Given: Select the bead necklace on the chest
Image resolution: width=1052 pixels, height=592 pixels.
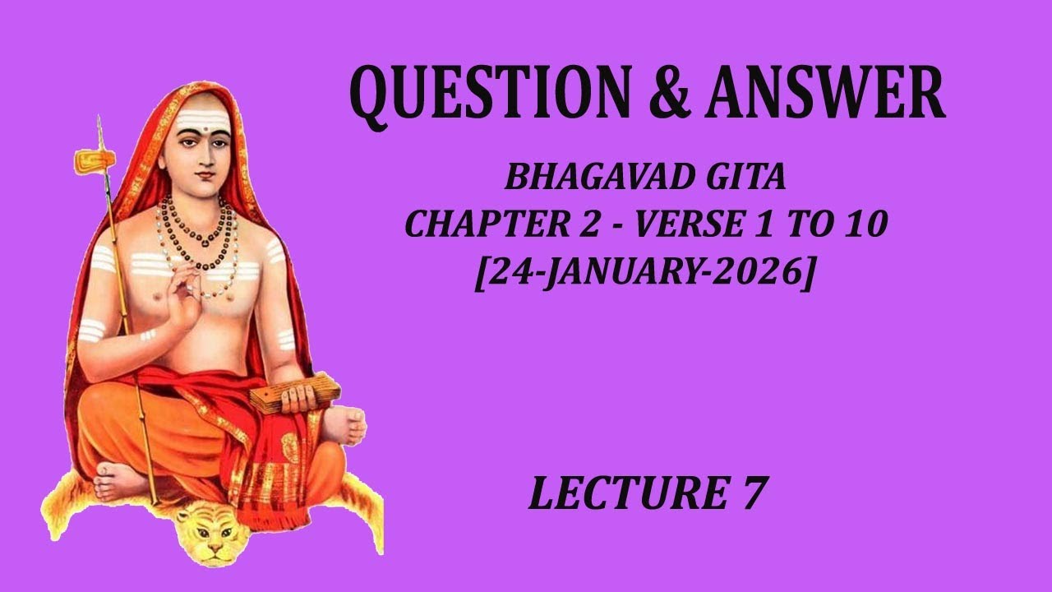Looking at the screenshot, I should pos(197,234).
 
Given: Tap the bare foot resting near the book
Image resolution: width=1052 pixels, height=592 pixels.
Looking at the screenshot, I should pos(346,424).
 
